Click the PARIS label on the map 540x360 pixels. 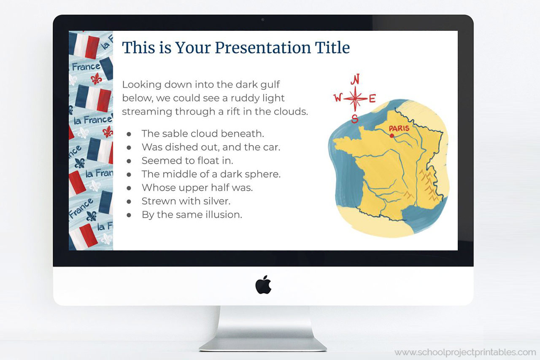[x=399, y=128]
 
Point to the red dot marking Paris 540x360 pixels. [x=392, y=135]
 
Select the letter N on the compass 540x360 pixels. [x=356, y=79]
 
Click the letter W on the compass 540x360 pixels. [x=338, y=98]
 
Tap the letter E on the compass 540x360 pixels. [x=372, y=99]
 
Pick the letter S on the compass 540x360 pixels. [x=355, y=118]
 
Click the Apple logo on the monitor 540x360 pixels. [x=263, y=285]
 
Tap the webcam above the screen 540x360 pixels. [x=263, y=19]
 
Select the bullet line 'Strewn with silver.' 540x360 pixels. [x=186, y=201]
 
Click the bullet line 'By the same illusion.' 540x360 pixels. [x=192, y=215]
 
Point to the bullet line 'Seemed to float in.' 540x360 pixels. [x=187, y=161]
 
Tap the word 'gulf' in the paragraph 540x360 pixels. [x=270, y=85]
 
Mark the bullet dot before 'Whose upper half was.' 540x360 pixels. [x=129, y=188]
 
